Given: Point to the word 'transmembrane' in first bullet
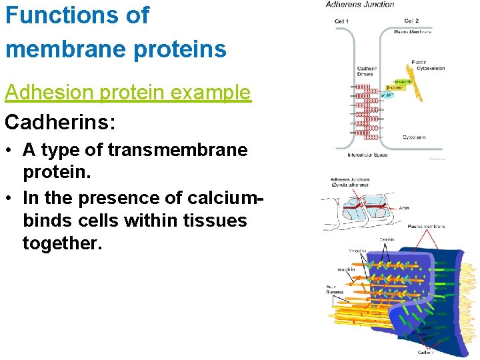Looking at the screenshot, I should click(x=175, y=151).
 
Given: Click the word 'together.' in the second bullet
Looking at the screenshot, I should click(x=63, y=244).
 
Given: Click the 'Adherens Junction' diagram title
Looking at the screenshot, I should click(x=360, y=5).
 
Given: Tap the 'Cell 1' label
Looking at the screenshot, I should click(x=342, y=21).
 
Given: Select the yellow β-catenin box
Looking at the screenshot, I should click(x=398, y=87).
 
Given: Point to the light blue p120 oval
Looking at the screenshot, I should click(x=387, y=95).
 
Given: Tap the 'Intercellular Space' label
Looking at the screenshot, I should click(x=367, y=155).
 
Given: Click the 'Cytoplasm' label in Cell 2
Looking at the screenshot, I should click(x=414, y=137).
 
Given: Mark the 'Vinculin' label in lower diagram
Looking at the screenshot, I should click(x=358, y=251).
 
